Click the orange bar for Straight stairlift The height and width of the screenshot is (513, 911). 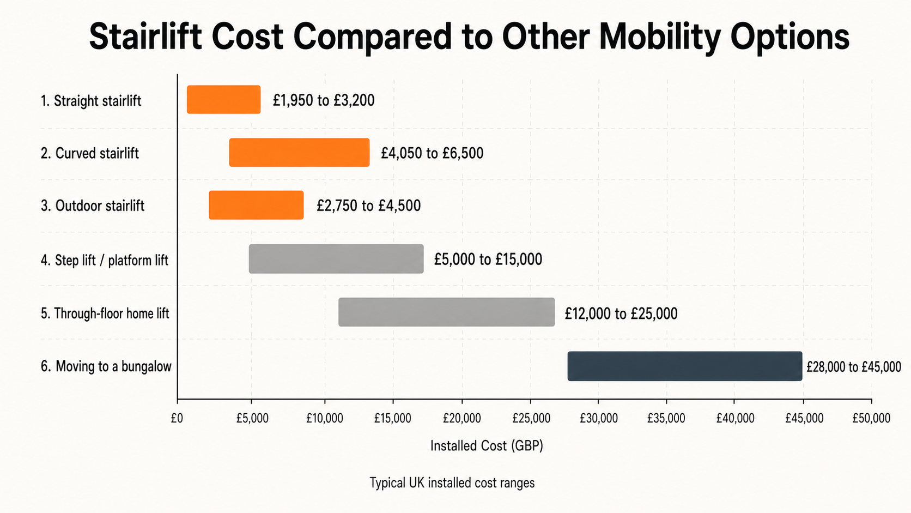(x=223, y=100)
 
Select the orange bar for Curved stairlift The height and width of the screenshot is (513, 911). (x=299, y=153)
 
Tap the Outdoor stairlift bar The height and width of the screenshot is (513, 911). (x=256, y=206)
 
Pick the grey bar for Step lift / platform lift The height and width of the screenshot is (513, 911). (x=336, y=259)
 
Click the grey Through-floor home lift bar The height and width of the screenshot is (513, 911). (x=446, y=312)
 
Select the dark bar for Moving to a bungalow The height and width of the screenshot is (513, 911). (x=684, y=366)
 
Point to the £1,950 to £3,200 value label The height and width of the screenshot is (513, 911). (x=323, y=100)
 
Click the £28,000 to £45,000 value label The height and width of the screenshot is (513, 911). (x=853, y=367)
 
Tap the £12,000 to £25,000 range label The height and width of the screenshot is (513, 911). (x=621, y=313)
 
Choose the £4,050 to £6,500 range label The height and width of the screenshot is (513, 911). (x=432, y=153)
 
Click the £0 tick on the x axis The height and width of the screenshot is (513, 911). (x=177, y=418)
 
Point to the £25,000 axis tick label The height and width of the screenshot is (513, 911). (x=531, y=418)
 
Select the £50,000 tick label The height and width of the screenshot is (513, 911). (x=871, y=418)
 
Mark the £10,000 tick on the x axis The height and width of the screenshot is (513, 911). (x=325, y=418)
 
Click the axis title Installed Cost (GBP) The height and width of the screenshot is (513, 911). (x=487, y=446)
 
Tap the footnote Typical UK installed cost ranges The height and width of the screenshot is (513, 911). (x=452, y=483)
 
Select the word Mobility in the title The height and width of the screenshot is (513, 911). (x=660, y=37)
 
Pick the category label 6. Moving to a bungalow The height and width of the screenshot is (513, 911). (x=106, y=366)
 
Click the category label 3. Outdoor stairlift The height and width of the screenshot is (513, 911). (x=93, y=206)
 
